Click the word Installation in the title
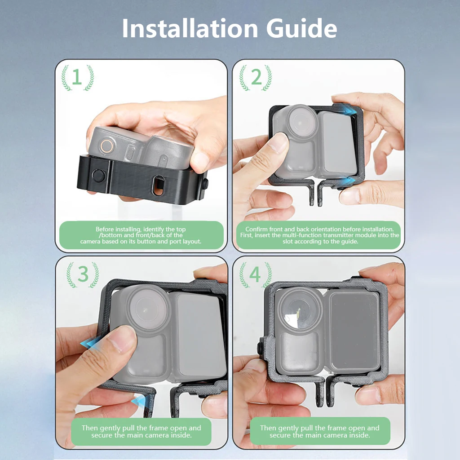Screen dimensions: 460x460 pos(190,28)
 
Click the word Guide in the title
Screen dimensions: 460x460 pos(301,28)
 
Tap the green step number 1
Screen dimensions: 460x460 pos(77,77)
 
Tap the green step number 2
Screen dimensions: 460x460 pos(256,77)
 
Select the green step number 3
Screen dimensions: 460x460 pos(83,274)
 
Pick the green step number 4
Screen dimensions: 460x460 pos(255,274)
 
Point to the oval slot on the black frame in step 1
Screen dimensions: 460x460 pos(159,186)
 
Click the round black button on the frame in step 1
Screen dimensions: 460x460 pos(98,176)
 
